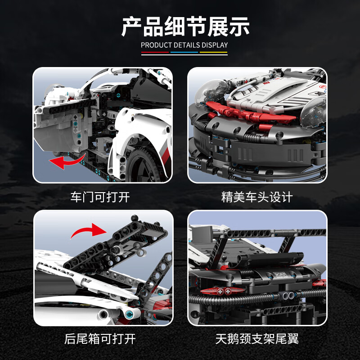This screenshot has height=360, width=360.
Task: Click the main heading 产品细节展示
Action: click(x=185, y=27)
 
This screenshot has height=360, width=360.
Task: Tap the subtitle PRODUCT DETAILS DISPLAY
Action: click(x=184, y=45)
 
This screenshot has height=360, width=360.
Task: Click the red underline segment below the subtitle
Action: click(x=155, y=53)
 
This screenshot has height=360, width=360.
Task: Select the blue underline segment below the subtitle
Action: click(x=184, y=53)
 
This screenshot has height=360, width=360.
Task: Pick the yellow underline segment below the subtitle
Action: click(x=213, y=53)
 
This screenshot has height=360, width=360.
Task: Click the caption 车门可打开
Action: click(x=103, y=197)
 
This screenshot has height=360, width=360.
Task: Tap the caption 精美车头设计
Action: click(x=257, y=197)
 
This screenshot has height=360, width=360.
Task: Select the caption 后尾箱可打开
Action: click(x=103, y=338)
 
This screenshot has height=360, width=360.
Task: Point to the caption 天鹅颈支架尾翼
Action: click(x=257, y=338)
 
